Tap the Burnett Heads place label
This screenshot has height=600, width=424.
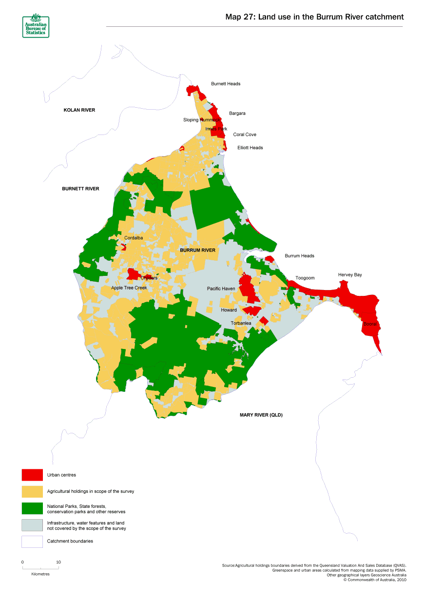click(226, 84)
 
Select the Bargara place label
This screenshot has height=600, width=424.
click(237, 114)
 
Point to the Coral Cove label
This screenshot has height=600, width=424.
click(245, 135)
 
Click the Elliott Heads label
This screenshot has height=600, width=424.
click(250, 148)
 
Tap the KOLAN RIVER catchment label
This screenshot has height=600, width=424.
click(79, 110)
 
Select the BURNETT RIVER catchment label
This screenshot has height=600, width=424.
click(80, 189)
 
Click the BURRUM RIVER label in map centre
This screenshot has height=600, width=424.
click(197, 250)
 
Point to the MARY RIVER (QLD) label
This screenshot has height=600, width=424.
click(261, 415)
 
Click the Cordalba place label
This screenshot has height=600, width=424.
click(134, 238)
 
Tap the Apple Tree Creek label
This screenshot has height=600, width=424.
click(129, 288)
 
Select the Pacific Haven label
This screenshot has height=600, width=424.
click(221, 289)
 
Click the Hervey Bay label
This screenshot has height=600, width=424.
click(350, 275)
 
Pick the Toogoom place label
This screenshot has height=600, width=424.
click(305, 278)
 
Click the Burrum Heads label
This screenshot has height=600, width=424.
click(299, 256)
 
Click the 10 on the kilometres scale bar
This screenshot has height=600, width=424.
click(58, 562)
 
